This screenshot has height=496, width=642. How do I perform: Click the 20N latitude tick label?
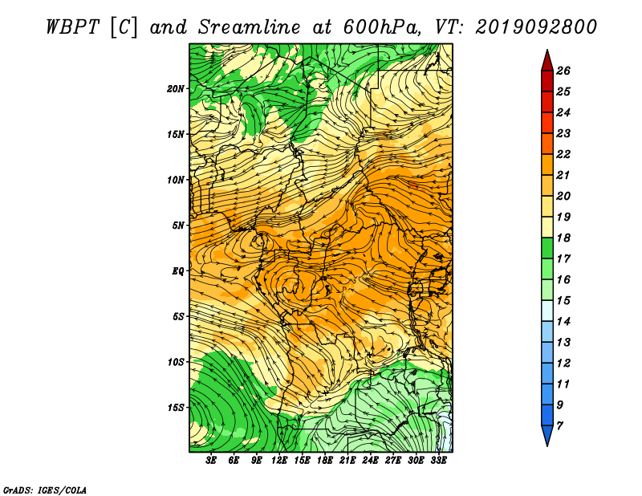point(176,89)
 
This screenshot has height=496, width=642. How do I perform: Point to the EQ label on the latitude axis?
point(178,271)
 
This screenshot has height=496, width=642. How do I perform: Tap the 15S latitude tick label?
point(176,408)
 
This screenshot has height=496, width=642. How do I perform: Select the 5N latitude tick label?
point(178,226)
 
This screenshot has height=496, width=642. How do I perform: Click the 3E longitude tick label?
point(211,461)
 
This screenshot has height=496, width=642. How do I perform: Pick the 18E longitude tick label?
point(325,461)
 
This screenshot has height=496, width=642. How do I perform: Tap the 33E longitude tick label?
point(438,461)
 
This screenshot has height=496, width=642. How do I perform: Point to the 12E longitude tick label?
point(279,461)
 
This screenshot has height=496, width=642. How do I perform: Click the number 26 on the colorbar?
point(563,71)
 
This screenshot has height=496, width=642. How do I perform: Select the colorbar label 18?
point(563,238)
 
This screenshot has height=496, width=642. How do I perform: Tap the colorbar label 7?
point(559,426)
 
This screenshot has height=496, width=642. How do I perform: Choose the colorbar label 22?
point(563,154)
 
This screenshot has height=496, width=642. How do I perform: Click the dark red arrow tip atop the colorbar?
point(547,50)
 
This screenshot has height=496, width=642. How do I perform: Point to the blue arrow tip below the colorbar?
point(547,445)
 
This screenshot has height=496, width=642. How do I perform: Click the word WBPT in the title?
point(73,27)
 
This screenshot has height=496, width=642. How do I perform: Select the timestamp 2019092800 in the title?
point(536,27)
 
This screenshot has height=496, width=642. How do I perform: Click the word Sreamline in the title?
point(249,27)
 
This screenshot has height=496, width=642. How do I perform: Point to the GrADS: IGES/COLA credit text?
point(45,490)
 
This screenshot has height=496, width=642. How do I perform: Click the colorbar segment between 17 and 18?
point(547,248)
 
